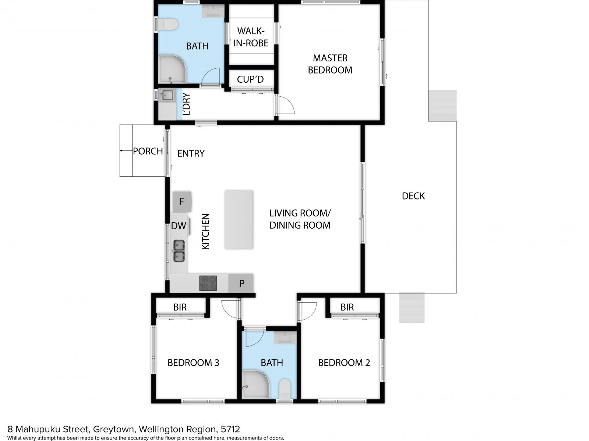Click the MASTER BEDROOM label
[330, 64]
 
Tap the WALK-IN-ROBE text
[251, 37]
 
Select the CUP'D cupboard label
[250, 79]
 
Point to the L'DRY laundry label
[186, 104]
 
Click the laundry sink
[167, 95]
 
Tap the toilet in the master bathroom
[168, 25]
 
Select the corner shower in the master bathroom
[172, 69]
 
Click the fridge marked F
[182, 201]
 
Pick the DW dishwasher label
[179, 226]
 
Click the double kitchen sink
[179, 251]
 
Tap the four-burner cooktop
[208, 283]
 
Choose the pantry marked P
[241, 283]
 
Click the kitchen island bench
[239, 219]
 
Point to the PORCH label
[148, 151]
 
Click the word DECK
[413, 196]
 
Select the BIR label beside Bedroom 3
[180, 307]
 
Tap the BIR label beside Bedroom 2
[347, 307]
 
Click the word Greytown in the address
[113, 429]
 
